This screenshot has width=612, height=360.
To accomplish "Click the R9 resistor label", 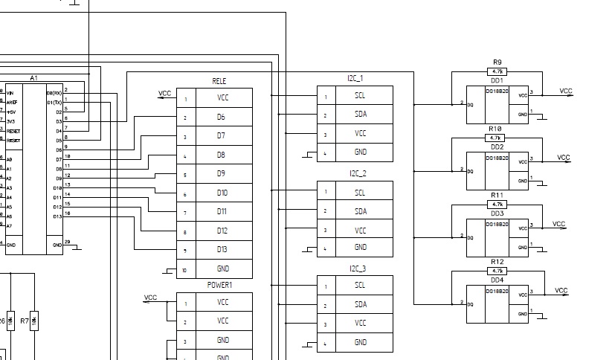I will point(497,62).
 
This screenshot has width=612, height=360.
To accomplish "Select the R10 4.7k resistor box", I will point(496,138).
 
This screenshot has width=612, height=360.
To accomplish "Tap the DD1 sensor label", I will point(497,80).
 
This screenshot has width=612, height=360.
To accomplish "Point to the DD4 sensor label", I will point(497,280).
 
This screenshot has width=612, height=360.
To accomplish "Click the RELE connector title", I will point(219,81).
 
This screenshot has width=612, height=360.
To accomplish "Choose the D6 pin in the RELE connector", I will point(221,117).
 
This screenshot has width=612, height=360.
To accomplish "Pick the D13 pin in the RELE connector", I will point(221,250).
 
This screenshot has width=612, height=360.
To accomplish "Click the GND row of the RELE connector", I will point(221,269).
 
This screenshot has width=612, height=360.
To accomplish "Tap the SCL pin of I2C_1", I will point(360,95).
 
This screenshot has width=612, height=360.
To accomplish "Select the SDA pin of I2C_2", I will point(360,211).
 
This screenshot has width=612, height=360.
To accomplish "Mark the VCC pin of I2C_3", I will point(360,324).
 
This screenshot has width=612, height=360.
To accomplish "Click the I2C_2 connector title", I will point(357,173).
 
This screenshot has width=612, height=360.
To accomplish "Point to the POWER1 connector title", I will point(220,285).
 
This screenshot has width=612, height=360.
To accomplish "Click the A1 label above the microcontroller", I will point(33,77).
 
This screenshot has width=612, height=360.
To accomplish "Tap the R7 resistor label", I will point(25,321).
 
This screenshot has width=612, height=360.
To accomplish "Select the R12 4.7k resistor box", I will point(497,270).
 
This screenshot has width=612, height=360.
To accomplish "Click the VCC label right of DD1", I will point(566,91).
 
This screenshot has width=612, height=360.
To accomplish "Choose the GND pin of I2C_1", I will point(360,152).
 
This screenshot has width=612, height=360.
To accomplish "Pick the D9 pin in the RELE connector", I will point(221,173).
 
